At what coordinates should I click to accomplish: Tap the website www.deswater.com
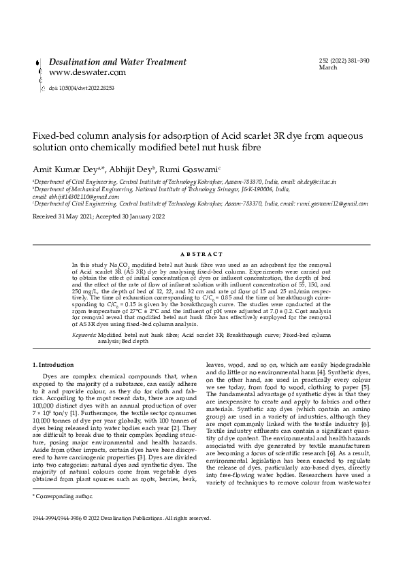pyautogui.click(x=88, y=72)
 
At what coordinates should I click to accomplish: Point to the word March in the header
pyautogui.click(x=328, y=68)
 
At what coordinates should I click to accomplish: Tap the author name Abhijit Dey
pyautogui.click(x=125, y=167)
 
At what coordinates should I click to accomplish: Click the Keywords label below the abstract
pyautogui.click(x=84, y=335)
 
